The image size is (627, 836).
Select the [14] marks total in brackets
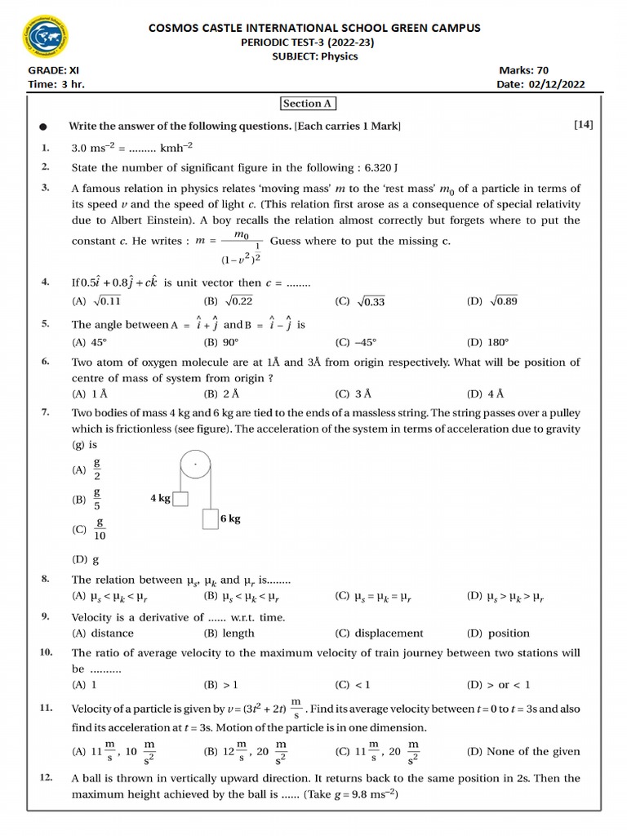coord(583,124)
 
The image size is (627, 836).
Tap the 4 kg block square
coord(180,498)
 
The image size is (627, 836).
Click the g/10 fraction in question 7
coord(100,529)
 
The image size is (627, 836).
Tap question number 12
coord(46,778)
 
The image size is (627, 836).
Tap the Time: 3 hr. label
coord(56,84)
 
